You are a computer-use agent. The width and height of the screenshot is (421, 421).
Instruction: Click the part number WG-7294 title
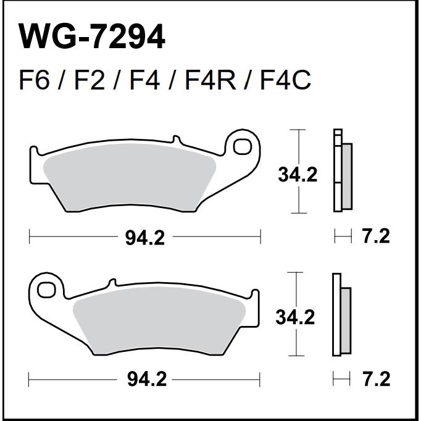91,37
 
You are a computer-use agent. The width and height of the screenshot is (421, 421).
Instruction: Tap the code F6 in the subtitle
35,80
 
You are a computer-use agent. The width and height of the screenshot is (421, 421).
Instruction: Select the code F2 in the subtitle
89,80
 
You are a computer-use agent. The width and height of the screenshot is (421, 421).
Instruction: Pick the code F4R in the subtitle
210,80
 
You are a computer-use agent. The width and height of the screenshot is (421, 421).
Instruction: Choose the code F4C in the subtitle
285,80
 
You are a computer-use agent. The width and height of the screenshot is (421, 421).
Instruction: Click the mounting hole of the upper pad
242,146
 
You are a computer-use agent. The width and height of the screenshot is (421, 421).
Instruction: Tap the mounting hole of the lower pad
46,290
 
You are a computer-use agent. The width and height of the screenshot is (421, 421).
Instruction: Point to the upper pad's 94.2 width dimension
144,238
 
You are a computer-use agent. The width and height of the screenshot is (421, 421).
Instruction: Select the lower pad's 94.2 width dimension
146,379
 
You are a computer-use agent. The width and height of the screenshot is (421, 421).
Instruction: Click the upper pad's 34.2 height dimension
298,175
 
